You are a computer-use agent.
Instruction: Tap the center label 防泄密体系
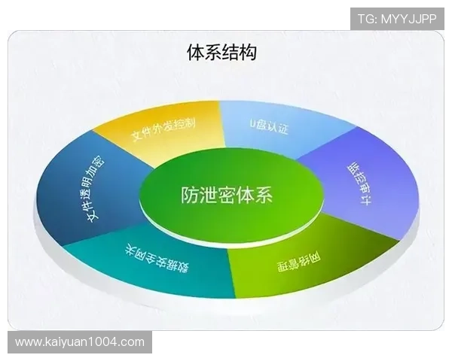(227, 196)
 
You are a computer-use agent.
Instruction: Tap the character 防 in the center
(191, 196)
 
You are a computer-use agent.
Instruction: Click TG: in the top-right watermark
(367, 17)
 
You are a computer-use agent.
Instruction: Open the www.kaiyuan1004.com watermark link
(80, 342)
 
